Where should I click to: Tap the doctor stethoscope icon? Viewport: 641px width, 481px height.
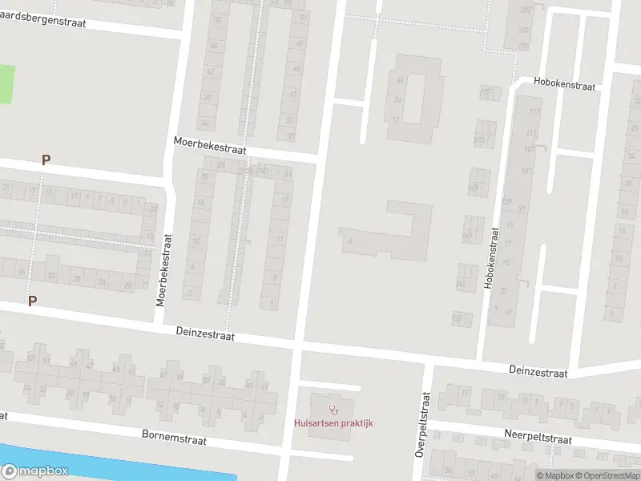[x=333, y=410]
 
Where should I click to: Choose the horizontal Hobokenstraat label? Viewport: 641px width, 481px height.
[x=565, y=84]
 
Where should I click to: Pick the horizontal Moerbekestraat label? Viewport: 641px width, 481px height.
[x=210, y=146]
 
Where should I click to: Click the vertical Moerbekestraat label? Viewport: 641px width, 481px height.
[x=163, y=270]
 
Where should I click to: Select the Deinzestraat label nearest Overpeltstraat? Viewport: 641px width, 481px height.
[x=538, y=372]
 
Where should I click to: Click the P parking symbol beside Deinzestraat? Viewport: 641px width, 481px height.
[x=33, y=301]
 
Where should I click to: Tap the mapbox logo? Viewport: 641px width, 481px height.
[x=34, y=471]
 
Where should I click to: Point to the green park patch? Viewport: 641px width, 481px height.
[x=6, y=84]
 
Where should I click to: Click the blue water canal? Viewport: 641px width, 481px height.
[x=120, y=466]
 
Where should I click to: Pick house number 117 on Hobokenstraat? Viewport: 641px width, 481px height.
[x=535, y=111]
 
